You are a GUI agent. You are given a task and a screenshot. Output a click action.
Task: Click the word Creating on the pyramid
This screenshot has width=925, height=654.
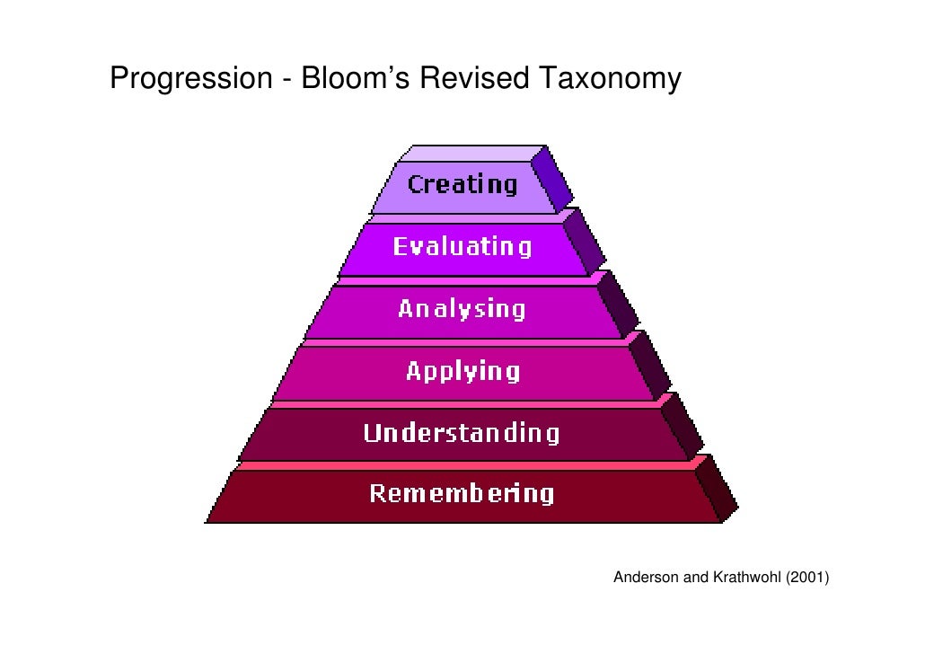[462, 185]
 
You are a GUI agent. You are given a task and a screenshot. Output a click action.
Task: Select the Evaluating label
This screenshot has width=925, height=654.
[462, 246]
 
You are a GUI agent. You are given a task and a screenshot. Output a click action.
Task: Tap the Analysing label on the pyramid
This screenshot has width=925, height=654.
[462, 309]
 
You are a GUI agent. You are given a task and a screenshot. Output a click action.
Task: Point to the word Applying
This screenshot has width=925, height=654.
[462, 371]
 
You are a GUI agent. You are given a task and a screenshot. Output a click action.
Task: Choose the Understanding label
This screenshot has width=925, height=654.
[462, 433]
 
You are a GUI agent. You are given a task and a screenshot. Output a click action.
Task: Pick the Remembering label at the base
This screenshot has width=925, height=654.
[462, 493]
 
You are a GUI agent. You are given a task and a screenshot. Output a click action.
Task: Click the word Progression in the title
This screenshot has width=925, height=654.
[189, 80]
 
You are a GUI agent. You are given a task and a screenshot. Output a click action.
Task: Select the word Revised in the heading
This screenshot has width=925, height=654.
[476, 80]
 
